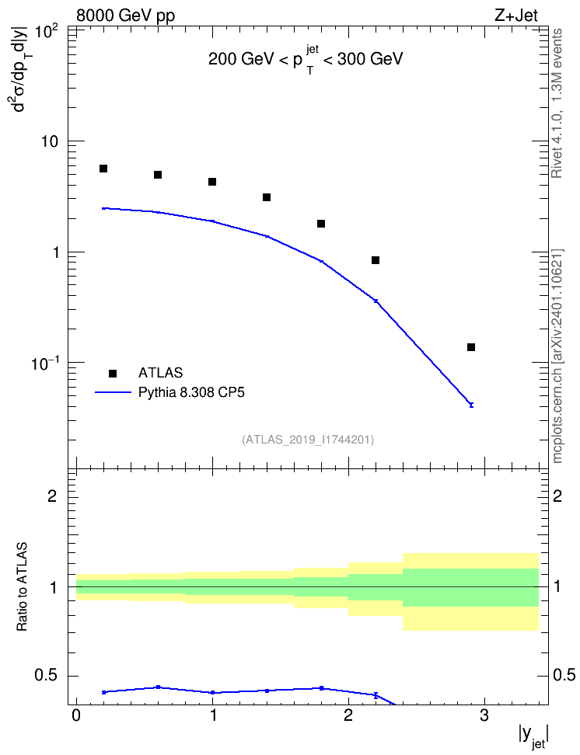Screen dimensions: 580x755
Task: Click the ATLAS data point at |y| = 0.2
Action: (103, 169)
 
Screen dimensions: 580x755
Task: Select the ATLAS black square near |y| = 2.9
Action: (471, 347)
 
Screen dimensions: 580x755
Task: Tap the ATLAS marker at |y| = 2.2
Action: (376, 260)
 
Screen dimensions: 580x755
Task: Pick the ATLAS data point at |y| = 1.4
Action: (267, 197)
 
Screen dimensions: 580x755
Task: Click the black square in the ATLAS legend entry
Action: (113, 373)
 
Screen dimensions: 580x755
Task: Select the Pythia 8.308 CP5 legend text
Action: (191, 392)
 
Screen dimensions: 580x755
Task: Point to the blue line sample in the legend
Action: (113, 392)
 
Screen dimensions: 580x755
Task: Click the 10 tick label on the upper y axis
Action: (48, 141)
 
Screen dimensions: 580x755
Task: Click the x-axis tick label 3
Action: (484, 715)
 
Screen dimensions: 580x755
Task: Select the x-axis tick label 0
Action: (76, 715)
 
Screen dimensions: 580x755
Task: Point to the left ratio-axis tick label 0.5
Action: (47, 676)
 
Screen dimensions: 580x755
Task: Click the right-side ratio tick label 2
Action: (557, 496)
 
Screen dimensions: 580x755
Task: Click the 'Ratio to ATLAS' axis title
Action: (22, 587)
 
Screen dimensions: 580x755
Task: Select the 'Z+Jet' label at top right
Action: (515, 16)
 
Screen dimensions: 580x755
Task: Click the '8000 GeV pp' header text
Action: (125, 16)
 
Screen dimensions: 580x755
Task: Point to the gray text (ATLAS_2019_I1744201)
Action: (308, 440)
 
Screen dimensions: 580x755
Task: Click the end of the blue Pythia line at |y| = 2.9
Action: (471, 405)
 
